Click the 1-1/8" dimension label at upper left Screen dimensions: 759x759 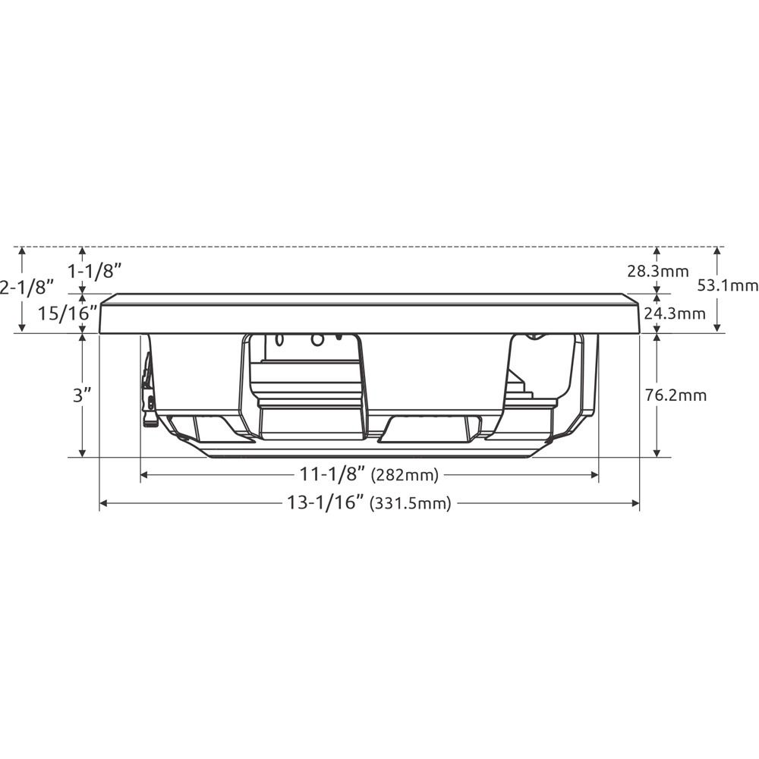click(95, 269)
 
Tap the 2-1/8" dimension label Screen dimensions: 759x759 click(28, 288)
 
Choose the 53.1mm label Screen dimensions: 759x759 click(727, 286)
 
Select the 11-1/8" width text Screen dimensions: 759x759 click(332, 475)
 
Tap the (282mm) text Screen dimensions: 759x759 click(405, 476)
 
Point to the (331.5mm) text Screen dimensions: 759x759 click(410, 503)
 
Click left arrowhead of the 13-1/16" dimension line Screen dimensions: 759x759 click(104, 502)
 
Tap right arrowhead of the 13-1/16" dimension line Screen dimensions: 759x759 click(635, 502)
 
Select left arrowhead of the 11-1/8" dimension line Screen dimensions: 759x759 click(145, 475)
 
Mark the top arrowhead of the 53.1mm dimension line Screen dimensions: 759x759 click(717, 251)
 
